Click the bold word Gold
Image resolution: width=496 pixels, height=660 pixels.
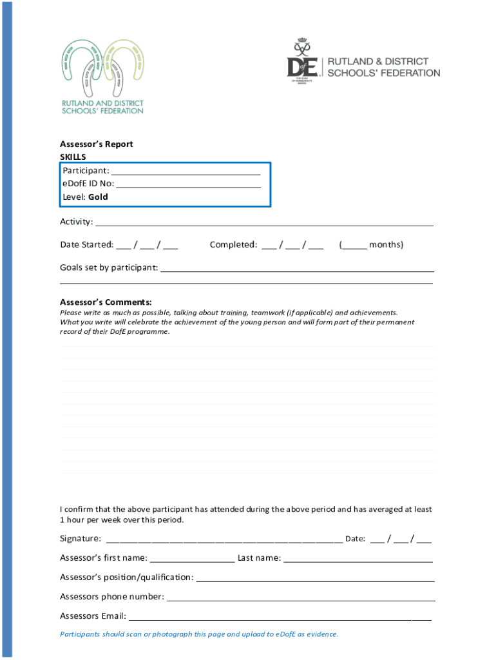coord(98,197)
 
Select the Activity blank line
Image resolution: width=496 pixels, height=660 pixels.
coord(264,224)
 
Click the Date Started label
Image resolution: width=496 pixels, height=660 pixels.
coord(86,245)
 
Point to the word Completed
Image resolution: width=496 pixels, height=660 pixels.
coord(233,245)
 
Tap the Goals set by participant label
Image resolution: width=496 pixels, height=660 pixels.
coord(108,268)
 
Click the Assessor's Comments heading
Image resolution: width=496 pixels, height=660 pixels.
coord(106,302)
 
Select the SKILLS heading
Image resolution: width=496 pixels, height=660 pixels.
coord(73,157)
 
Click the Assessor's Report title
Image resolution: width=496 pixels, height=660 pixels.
coord(96,144)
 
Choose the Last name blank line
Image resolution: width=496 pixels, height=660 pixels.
coord(358,559)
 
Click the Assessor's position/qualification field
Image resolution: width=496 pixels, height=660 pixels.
coord(315,579)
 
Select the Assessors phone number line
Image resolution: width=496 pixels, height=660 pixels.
coord(300,598)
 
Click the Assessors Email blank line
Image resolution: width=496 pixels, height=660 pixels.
coord(280,617)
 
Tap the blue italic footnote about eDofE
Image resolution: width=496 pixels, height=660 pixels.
coord(199,634)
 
